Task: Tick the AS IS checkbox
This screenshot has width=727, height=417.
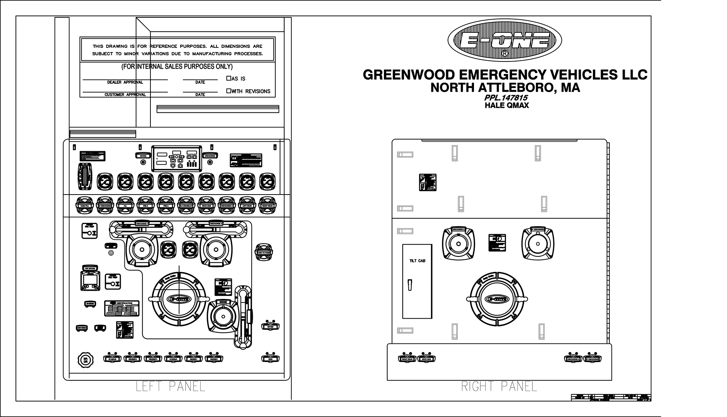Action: pos(229,78)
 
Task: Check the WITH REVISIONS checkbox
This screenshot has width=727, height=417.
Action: pos(229,91)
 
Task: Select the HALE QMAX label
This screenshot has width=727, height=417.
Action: pos(506,106)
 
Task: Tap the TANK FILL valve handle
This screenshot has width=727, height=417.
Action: pos(84,205)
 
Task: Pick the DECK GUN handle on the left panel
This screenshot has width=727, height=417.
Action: pos(206,205)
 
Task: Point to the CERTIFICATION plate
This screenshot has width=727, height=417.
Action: pos(122,308)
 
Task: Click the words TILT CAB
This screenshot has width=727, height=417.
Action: pos(417,261)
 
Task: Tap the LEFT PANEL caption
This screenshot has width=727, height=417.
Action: pos(170,386)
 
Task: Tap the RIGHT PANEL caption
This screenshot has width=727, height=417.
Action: pos(499,386)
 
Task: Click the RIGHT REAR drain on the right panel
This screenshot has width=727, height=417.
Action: pos(406,358)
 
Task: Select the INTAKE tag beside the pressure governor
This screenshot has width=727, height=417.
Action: pos(143,155)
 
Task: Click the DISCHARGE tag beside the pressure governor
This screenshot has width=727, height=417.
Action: pos(210,155)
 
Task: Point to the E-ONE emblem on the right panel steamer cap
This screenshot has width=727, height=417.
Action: pos(498,299)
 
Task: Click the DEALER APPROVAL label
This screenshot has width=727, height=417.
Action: pos(125,82)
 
